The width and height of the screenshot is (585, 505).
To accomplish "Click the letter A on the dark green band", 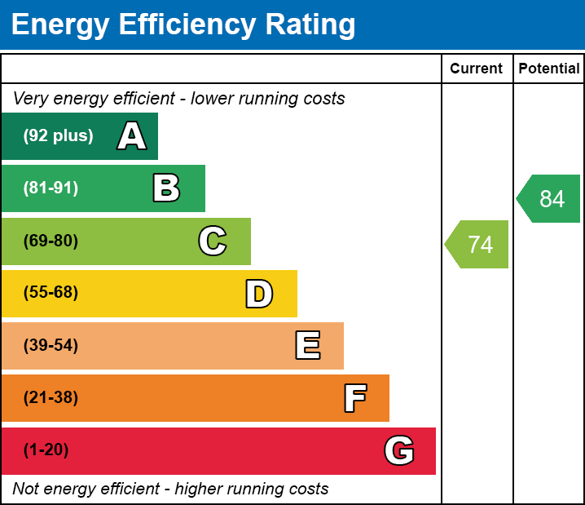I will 132,136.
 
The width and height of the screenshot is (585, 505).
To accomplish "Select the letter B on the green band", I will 166,188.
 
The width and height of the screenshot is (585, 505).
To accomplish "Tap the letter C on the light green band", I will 213,241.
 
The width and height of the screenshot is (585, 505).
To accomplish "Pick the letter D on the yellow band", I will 259,294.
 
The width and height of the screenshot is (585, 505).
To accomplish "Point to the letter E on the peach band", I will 307,346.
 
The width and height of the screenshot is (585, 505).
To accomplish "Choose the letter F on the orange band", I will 354,398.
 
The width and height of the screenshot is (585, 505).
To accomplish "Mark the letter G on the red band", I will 399,450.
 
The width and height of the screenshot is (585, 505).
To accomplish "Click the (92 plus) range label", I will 58,136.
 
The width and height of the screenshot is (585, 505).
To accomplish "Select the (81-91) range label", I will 51,188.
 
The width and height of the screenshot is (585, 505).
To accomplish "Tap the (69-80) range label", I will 51,241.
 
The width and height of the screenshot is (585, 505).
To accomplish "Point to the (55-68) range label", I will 51,293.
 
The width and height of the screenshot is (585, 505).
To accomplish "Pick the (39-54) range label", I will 51,346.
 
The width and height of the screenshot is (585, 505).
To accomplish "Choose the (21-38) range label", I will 51,398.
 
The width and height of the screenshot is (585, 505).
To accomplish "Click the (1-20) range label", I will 46,450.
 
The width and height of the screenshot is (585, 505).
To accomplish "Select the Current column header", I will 477,69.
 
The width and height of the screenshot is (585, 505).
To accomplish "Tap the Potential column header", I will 549,69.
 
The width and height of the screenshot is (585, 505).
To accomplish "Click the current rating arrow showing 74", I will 478,244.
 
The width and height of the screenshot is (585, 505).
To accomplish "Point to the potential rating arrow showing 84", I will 550,198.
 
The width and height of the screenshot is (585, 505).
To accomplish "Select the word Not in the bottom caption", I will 27,489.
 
